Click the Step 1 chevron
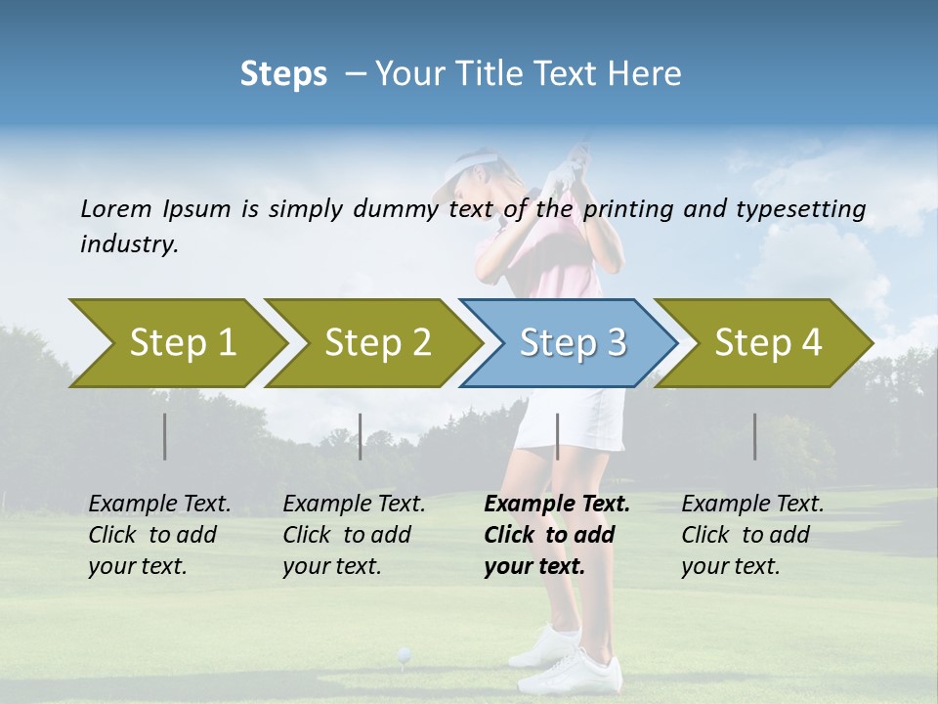(176, 343)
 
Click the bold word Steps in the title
(283, 73)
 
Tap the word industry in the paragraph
(128, 244)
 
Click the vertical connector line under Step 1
(165, 436)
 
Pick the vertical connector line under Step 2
(361, 436)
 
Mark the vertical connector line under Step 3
(557, 436)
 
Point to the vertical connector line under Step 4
(755, 436)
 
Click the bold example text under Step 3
(556, 535)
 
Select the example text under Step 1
(159, 535)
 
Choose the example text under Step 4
(751, 535)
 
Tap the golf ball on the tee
(403, 652)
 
